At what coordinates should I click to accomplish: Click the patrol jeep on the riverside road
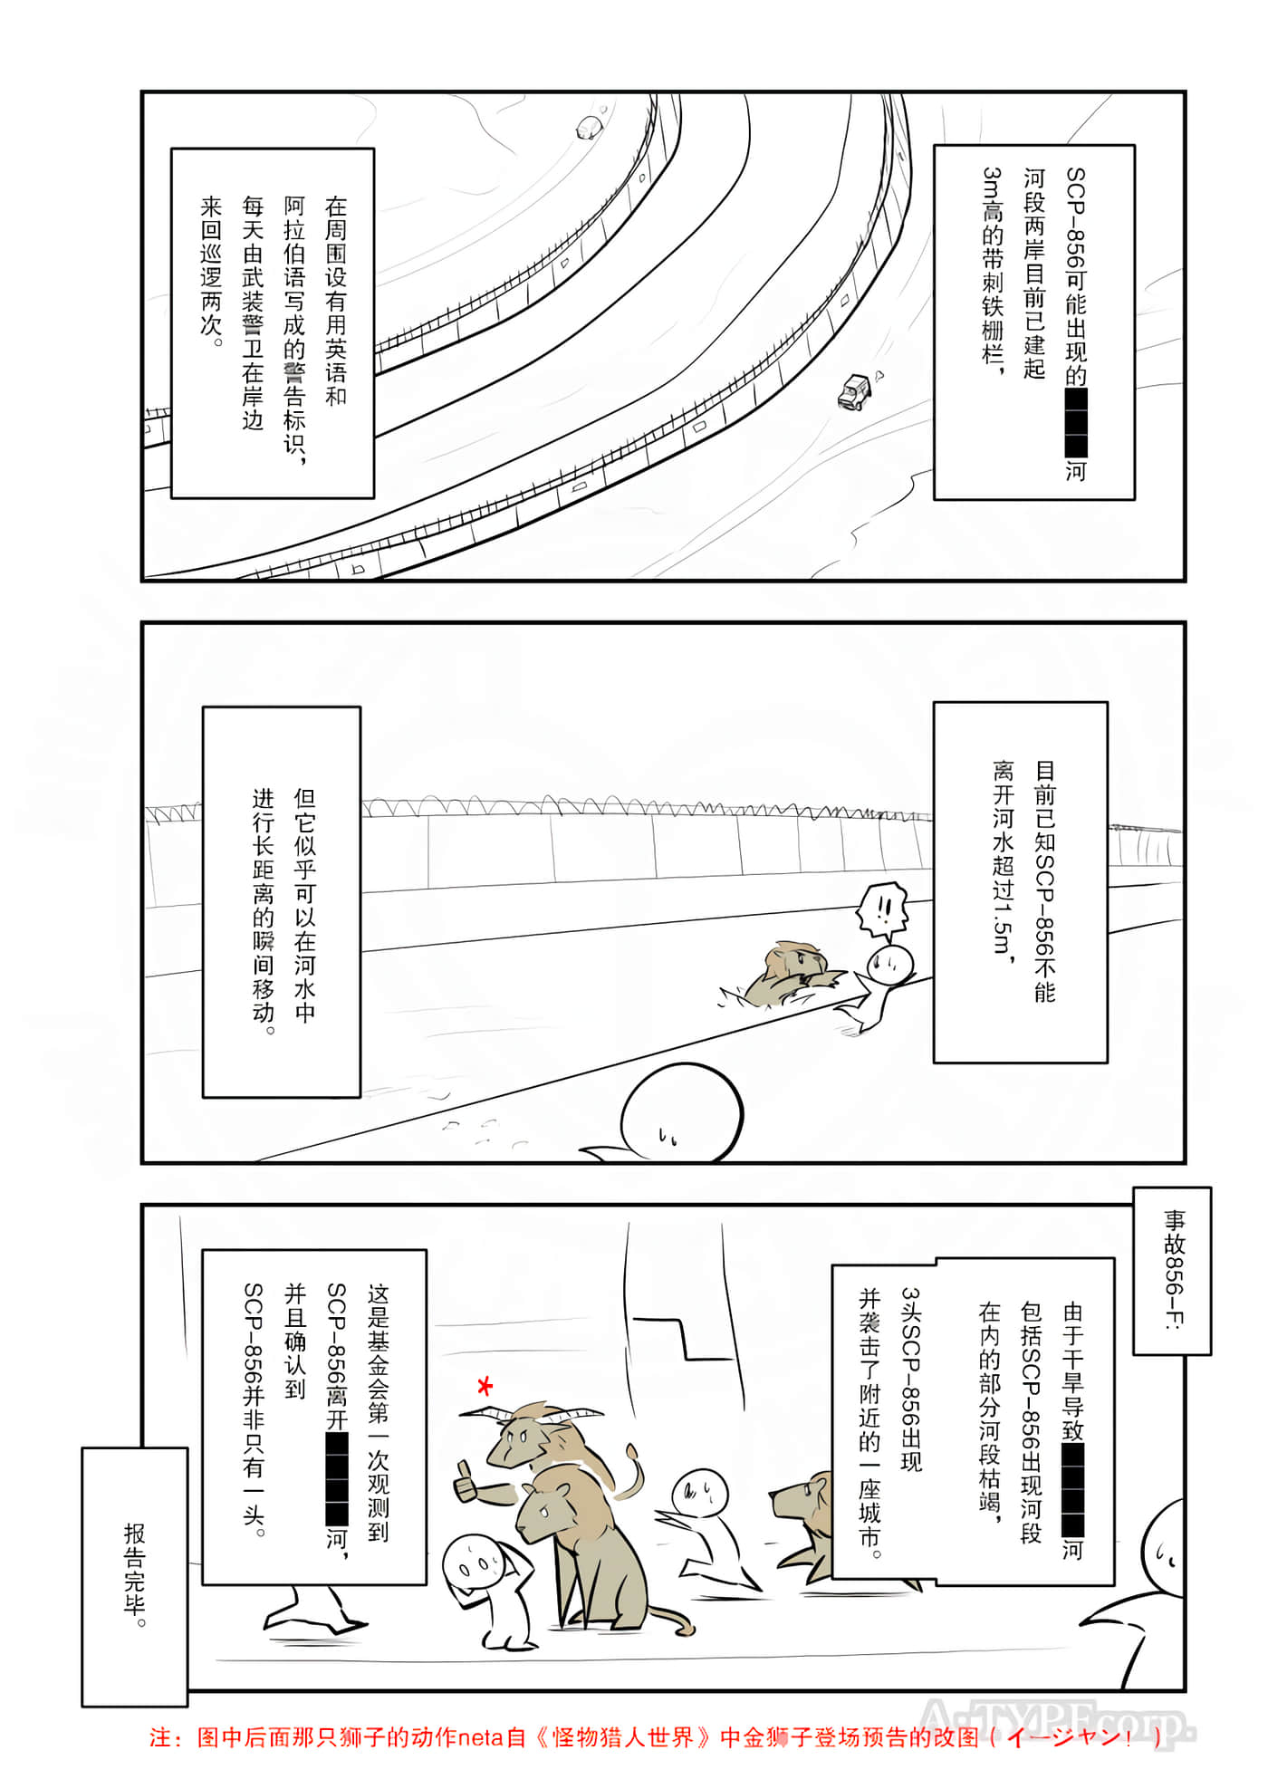pos(854,391)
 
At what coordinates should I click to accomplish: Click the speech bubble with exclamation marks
pos(881,909)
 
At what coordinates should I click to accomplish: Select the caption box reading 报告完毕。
pos(134,1575)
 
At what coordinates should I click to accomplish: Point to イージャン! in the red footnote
pos(1069,1737)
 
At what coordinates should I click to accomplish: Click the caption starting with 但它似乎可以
pos(282,902)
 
